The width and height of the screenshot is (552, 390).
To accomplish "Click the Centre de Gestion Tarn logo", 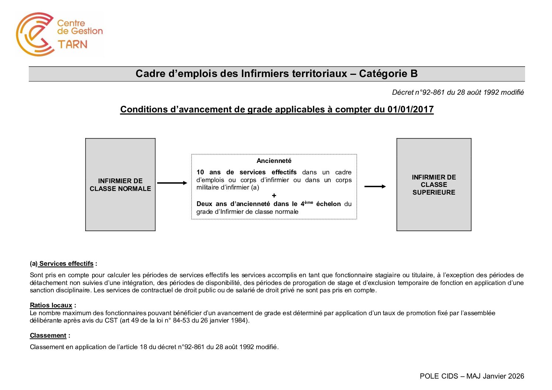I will click(59, 34).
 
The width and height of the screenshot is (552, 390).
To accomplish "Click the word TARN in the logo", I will click(73, 45).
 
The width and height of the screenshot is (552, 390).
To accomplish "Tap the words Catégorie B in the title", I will click(388, 74).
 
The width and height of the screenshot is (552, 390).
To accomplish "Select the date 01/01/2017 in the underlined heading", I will click(410, 109).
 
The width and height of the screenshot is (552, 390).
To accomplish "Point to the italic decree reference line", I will click(458, 93).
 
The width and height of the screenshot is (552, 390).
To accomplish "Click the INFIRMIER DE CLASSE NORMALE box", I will click(120, 185).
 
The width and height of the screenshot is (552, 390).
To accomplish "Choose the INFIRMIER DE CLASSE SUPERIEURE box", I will click(434, 185).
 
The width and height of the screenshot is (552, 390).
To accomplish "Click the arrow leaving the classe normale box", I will click(172, 183).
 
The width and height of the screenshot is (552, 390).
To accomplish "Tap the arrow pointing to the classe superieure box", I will click(375, 187).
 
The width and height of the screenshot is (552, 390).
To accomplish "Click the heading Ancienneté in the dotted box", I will click(274, 161).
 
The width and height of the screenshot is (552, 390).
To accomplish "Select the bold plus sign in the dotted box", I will click(274, 195).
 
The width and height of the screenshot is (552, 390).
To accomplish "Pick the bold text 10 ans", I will click(208, 172).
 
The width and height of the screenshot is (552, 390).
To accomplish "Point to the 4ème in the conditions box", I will click(306, 203).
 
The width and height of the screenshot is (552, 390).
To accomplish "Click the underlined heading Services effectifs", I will click(66, 264).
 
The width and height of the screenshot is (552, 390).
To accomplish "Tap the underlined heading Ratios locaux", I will click(51, 305).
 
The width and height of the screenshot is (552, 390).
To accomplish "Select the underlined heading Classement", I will click(48, 335).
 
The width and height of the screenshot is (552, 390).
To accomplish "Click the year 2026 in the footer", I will click(516, 376).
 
